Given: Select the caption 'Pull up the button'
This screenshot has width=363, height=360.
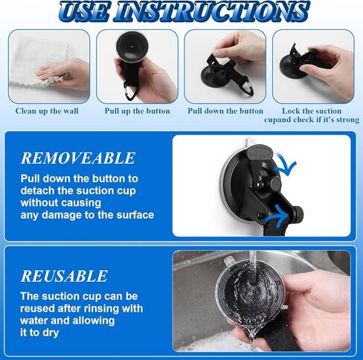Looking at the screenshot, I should point(138,111).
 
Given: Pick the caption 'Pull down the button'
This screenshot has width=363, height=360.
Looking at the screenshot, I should point(225,111).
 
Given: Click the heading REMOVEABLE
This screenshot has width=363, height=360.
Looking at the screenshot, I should point(78,158).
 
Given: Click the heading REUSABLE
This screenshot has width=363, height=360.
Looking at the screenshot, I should point(64,276).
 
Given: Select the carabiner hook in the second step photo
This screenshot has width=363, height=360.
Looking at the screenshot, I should point(130,91).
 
